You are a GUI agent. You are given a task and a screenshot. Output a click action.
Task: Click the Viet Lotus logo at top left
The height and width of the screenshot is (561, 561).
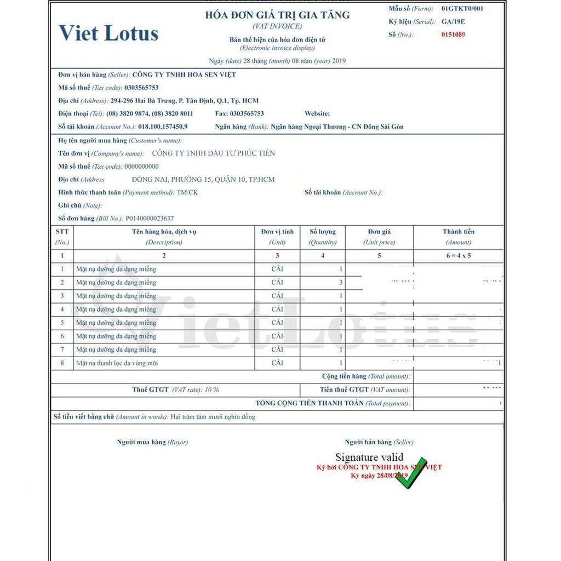(x=108, y=33)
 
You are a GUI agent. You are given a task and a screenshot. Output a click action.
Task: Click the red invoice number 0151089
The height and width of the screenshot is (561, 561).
(x=454, y=35)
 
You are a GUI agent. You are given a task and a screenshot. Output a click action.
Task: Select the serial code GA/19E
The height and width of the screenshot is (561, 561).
(x=454, y=22)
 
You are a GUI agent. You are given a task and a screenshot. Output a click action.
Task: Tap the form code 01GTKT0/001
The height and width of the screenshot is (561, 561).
(x=462, y=9)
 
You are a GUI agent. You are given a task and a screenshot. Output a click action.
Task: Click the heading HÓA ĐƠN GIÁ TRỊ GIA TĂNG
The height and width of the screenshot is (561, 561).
(x=277, y=15)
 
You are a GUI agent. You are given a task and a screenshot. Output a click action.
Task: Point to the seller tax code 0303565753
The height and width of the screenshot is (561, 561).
(x=141, y=88)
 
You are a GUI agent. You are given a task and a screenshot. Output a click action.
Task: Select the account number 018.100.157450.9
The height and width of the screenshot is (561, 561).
(x=163, y=127)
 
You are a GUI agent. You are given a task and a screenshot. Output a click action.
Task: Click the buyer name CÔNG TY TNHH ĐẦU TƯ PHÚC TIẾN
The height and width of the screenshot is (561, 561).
(x=213, y=153)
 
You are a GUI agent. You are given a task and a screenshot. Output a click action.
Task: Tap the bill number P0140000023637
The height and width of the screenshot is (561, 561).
(x=150, y=218)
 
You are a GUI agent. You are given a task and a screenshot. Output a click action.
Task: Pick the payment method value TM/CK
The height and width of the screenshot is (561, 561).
(x=187, y=192)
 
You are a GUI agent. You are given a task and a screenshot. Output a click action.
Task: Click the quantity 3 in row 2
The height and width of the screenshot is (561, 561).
(x=341, y=283)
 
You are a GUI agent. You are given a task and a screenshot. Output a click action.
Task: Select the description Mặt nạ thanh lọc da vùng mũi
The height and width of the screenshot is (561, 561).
(x=117, y=363)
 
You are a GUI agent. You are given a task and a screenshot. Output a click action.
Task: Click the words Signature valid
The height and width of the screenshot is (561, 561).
(x=369, y=457)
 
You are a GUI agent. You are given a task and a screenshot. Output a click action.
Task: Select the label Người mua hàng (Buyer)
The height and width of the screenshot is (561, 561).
(x=152, y=442)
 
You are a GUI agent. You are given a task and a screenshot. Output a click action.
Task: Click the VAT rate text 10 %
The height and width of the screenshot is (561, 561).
(x=211, y=390)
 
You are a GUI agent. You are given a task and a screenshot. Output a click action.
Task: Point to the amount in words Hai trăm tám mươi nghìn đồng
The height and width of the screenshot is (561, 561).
(x=213, y=417)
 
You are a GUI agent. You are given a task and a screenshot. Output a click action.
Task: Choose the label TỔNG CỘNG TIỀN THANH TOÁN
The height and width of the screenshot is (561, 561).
(x=310, y=403)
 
